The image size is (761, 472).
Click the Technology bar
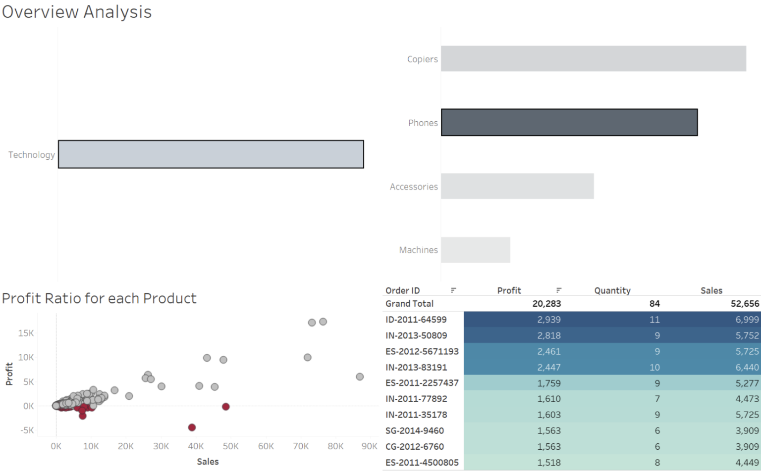[211, 154]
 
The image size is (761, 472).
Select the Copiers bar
[593, 59]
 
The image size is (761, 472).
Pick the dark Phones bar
[569, 123]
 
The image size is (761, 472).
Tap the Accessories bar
[517, 187]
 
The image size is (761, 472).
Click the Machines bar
[475, 250]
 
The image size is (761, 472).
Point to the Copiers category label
[422, 59]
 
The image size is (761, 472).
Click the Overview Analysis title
[77, 12]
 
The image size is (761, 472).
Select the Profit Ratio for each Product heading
[99, 298]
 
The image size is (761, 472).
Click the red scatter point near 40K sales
[192, 427]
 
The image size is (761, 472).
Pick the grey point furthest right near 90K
[360, 377]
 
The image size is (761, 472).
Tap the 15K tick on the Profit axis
[26, 333]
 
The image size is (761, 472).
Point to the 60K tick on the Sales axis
[266, 446]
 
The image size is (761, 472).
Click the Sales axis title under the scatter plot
[208, 462]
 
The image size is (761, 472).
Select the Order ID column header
[402, 290]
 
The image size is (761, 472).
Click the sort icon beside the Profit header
[558, 290]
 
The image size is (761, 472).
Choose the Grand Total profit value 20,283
[546, 304]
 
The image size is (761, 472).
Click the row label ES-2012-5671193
[422, 351]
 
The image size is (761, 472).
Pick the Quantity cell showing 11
[654, 320]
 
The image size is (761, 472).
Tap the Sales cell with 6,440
[747, 367]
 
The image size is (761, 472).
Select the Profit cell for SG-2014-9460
[548, 430]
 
